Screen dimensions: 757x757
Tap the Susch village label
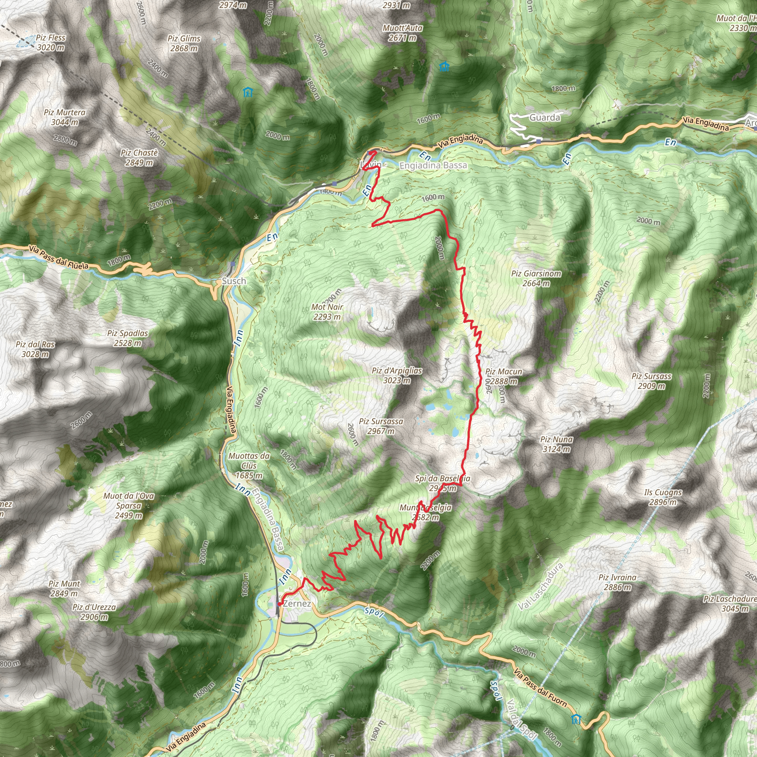[x=234, y=281]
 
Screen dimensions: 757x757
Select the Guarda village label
[x=544, y=117]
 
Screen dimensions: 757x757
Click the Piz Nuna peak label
[x=556, y=444]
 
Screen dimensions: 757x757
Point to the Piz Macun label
[x=503, y=376]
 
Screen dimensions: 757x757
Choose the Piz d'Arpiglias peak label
[x=397, y=375]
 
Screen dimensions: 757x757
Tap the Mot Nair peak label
[x=327, y=312]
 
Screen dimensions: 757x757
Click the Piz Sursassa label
[x=381, y=426]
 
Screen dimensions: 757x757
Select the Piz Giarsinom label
[x=536, y=278]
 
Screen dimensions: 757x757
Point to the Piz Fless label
[x=51, y=42]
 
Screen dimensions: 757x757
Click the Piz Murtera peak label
[x=65, y=117]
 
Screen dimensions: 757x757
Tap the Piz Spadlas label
[x=128, y=338]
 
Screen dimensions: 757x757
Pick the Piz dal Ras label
[x=35, y=349]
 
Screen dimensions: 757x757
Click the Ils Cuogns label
[x=663, y=497]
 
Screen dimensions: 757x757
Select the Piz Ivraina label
[x=617, y=582]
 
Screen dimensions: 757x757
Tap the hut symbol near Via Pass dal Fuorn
[x=576, y=719]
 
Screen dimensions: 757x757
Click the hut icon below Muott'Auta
[x=444, y=67]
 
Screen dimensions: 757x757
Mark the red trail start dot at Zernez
[x=279, y=604]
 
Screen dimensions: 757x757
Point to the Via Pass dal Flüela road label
[x=59, y=257]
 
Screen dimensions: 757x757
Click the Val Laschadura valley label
[x=540, y=586]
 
